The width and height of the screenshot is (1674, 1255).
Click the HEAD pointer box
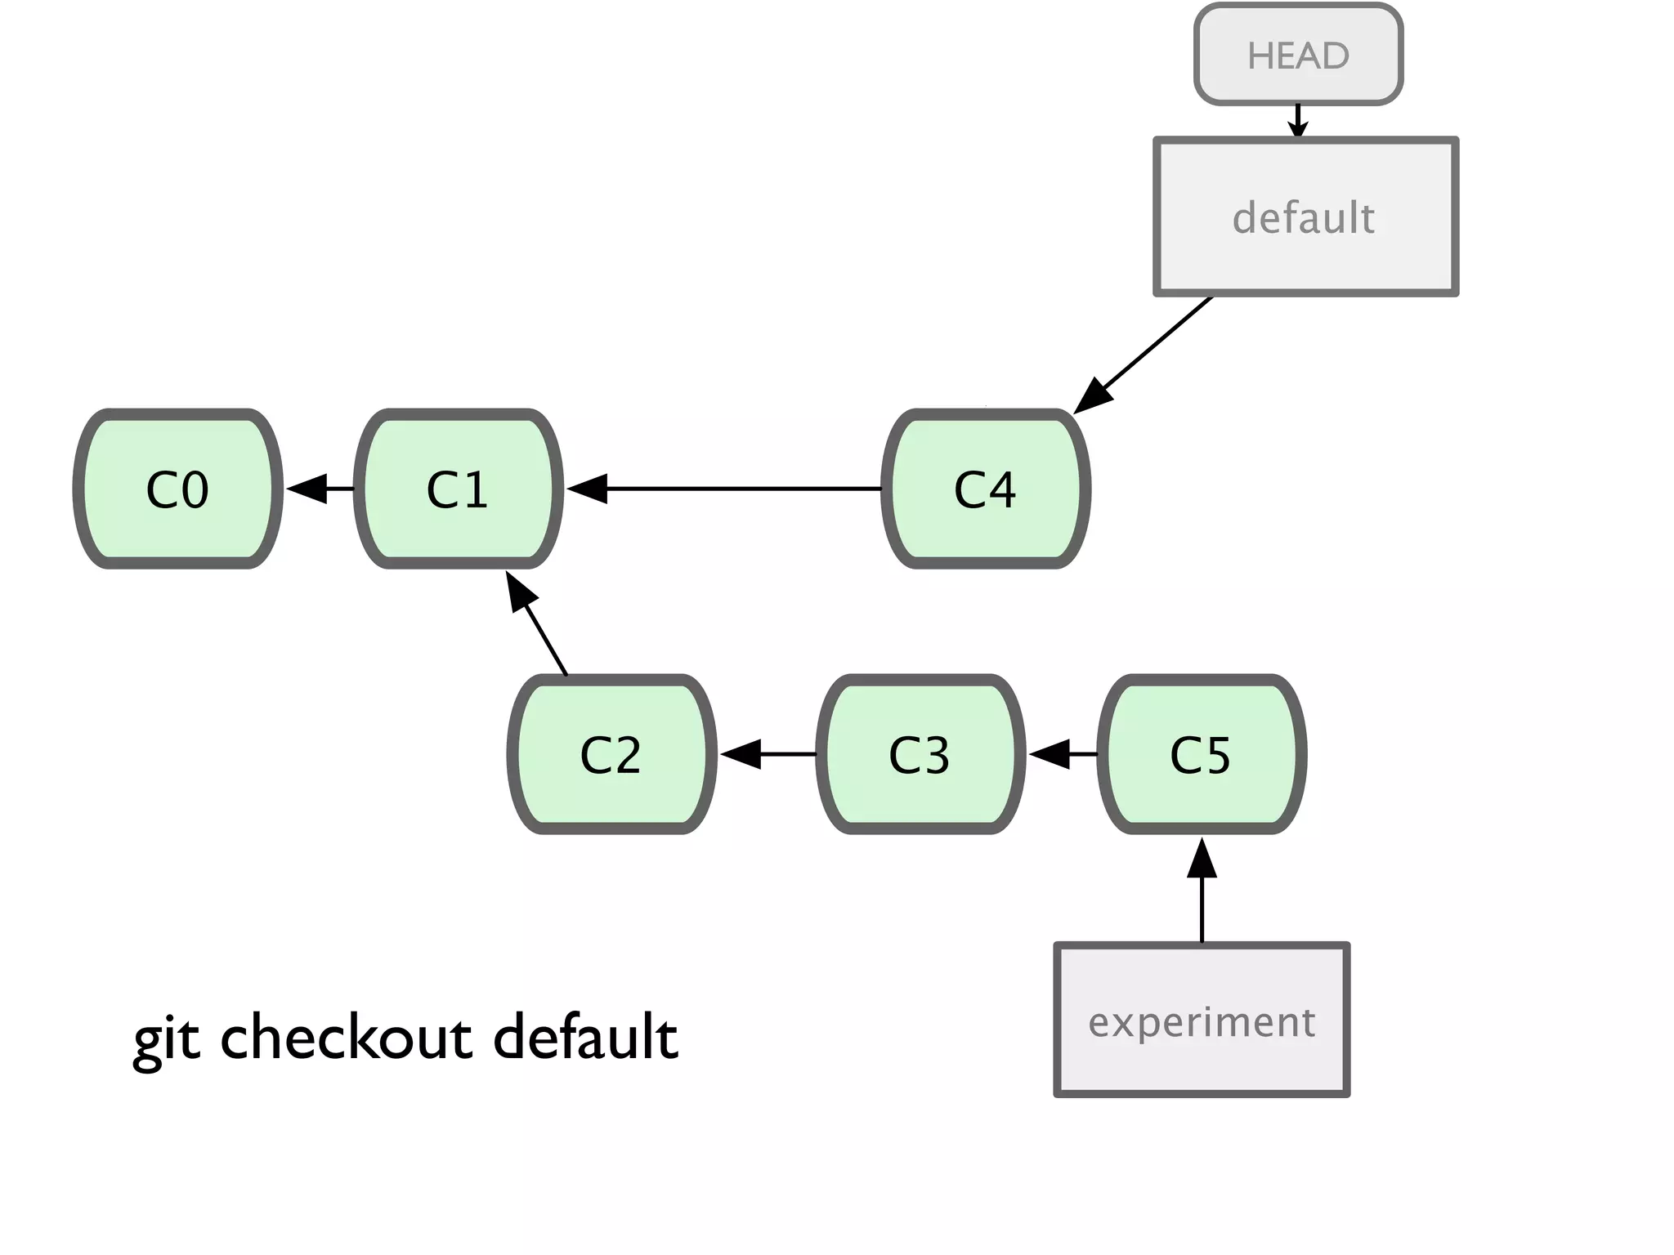coord(1298,56)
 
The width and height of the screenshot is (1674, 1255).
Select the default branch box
coord(1305,217)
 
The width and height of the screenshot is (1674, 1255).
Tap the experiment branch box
coord(1202,1020)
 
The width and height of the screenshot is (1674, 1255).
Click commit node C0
coord(177,489)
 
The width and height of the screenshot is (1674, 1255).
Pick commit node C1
coord(458,489)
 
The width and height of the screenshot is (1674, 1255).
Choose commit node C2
coord(611,754)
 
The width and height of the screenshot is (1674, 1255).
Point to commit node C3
coord(920,754)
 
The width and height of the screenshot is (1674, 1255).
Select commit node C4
coord(985,489)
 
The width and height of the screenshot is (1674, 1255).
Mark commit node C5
coord(1201,754)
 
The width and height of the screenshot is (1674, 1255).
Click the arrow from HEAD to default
coord(1298,120)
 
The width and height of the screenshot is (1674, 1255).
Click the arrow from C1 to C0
coord(320,489)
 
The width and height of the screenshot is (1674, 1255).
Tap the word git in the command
coord(167,1039)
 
